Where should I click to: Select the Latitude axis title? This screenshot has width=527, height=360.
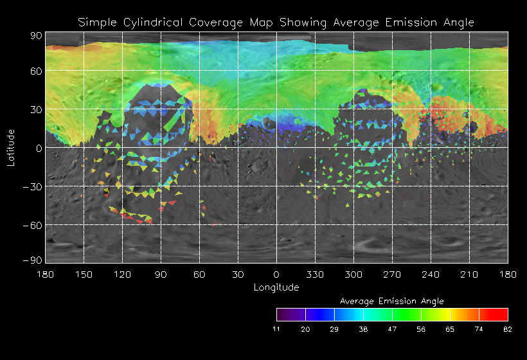click(11, 147)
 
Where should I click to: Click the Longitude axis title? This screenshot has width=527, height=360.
click(276, 287)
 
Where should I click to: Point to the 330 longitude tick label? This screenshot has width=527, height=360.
click(315, 274)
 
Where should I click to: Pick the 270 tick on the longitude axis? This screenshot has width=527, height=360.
click(392, 274)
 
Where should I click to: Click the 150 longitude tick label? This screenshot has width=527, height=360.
click(84, 274)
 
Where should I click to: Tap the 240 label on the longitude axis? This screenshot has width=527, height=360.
click(431, 274)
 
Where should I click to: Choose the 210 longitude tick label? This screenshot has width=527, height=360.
click(469, 274)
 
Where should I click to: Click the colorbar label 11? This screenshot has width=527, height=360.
click(276, 329)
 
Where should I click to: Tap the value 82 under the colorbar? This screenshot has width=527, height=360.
click(508, 329)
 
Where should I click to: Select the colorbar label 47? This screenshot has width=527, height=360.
click(392, 329)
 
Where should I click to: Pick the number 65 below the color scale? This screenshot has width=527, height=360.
click(450, 329)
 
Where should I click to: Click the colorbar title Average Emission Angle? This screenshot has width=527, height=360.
click(391, 301)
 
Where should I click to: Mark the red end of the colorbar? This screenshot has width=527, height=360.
click(503, 314)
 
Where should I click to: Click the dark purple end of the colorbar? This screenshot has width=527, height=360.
click(281, 314)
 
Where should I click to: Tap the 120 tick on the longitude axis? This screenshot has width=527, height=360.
click(122, 274)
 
